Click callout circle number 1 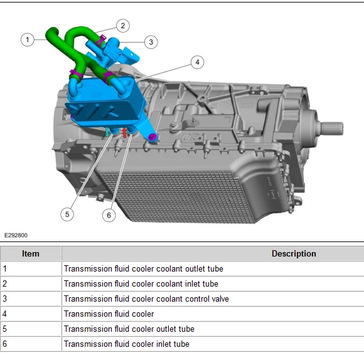click(x=28, y=40)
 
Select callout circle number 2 click(x=123, y=26)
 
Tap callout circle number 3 click(x=151, y=42)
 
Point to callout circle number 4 click(x=197, y=62)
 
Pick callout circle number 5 click(x=67, y=214)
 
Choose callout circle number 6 click(x=109, y=215)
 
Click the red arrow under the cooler click(x=125, y=133)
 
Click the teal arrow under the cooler click(x=107, y=132)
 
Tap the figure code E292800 click(x=16, y=235)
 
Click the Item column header click(x=30, y=253)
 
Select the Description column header click(x=294, y=253)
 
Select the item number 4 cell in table click(x=31, y=314)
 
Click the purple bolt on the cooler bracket click(x=152, y=137)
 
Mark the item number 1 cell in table click(x=31, y=268)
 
